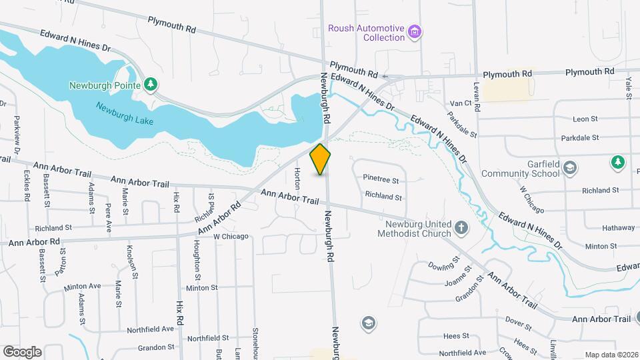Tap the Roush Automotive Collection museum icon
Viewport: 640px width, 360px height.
(x=415, y=31)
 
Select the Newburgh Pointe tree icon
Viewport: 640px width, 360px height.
(x=152, y=84)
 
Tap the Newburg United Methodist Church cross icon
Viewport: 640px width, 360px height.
(x=461, y=229)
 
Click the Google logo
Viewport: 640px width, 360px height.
(x=22, y=351)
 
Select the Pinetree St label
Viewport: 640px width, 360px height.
(x=381, y=179)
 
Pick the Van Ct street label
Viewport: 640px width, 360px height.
(x=461, y=103)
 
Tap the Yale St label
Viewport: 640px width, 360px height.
(x=628, y=87)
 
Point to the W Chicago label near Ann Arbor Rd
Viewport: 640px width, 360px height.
(x=231, y=236)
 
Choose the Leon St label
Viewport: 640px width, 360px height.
(x=585, y=119)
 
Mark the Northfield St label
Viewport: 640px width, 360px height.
(x=208, y=338)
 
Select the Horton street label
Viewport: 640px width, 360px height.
(x=297, y=177)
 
